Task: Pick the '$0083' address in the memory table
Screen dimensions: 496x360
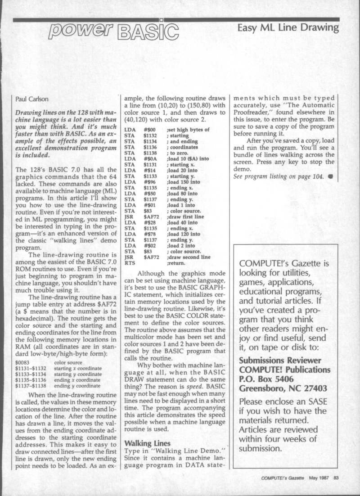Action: (x=22, y=362)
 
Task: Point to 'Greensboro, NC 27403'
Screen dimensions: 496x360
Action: (x=284, y=389)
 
